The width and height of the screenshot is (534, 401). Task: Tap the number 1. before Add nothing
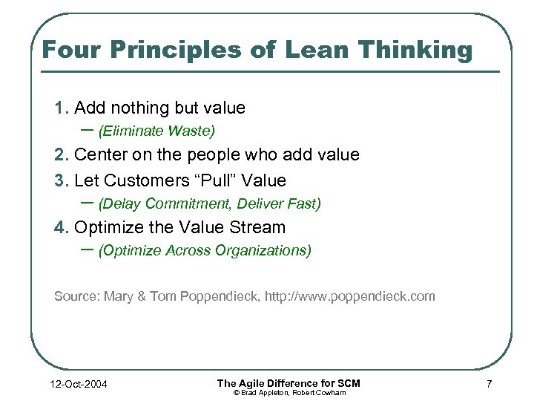(62, 108)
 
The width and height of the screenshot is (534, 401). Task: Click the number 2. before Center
(62, 155)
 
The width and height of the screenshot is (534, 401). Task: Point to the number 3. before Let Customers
(62, 180)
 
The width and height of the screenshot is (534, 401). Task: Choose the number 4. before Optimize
(62, 227)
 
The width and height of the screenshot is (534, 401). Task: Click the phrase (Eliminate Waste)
(156, 131)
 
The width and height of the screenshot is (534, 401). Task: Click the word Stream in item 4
(254, 227)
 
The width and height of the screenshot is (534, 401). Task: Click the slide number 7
(489, 384)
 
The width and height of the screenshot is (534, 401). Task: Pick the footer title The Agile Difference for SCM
(289, 382)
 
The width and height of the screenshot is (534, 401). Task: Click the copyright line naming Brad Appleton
(289, 392)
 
